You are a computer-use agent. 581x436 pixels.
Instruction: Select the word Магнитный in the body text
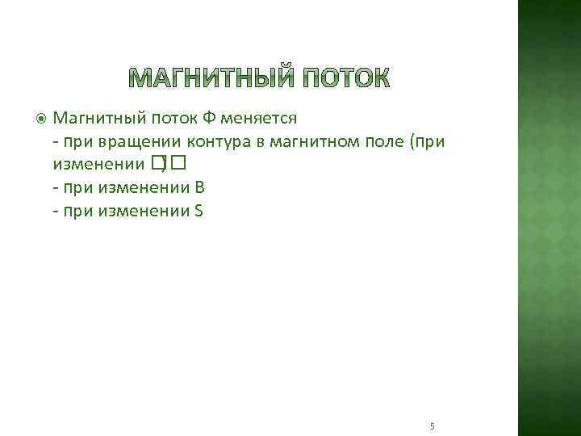click(95, 119)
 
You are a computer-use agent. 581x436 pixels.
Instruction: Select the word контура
click(224, 142)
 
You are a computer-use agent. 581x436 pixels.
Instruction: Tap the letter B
click(199, 188)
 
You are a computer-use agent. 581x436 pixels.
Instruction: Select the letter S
click(199, 212)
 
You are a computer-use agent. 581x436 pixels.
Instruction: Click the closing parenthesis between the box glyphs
click(166, 166)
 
